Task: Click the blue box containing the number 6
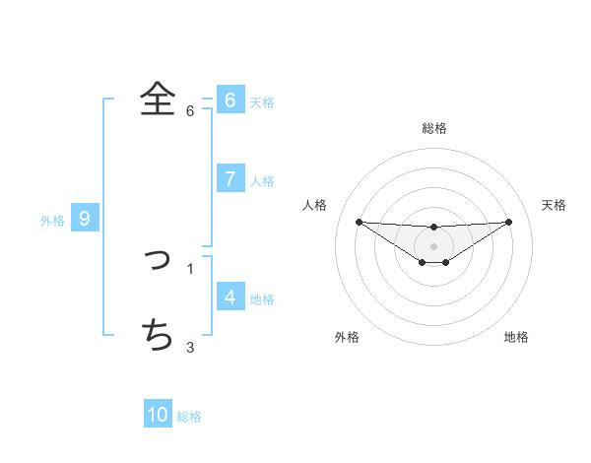pyautogui.click(x=230, y=99)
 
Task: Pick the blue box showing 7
pyautogui.click(x=230, y=178)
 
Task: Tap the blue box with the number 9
pyautogui.click(x=85, y=219)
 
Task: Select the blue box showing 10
pyautogui.click(x=158, y=415)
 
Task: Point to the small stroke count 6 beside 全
pyautogui.click(x=190, y=110)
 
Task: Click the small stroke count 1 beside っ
pyautogui.click(x=190, y=268)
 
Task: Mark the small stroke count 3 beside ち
pyautogui.click(x=190, y=346)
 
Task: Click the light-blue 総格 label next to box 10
pyautogui.click(x=189, y=417)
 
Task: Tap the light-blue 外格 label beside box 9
pyautogui.click(x=52, y=221)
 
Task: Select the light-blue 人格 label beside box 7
pyautogui.click(x=262, y=181)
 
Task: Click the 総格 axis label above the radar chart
pyautogui.click(x=434, y=128)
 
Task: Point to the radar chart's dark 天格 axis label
pyautogui.click(x=555, y=205)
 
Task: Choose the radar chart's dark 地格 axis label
pyautogui.click(x=516, y=337)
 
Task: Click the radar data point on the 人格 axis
pyautogui.click(x=359, y=222)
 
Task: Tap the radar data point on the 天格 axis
pyautogui.click(x=509, y=222)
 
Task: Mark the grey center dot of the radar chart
pyautogui.click(x=434, y=245)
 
